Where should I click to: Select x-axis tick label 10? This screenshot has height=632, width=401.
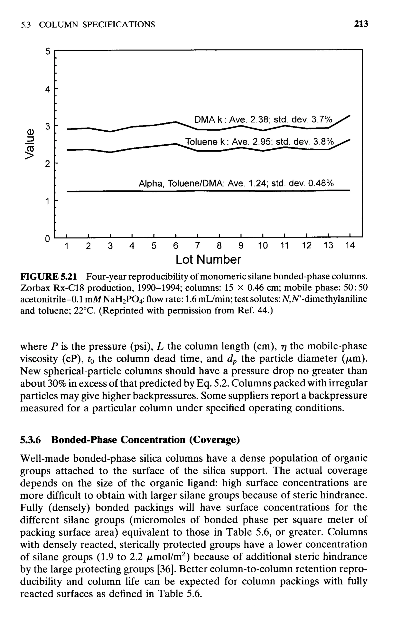[x=263, y=246]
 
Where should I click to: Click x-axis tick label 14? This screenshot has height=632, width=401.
[x=350, y=246]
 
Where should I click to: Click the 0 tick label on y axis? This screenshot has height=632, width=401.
[x=47, y=239]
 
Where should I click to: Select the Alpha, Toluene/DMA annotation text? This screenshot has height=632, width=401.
[x=236, y=183]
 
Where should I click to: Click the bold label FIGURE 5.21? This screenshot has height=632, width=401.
[x=49, y=277]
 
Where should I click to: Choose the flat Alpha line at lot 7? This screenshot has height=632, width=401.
[x=197, y=191]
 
